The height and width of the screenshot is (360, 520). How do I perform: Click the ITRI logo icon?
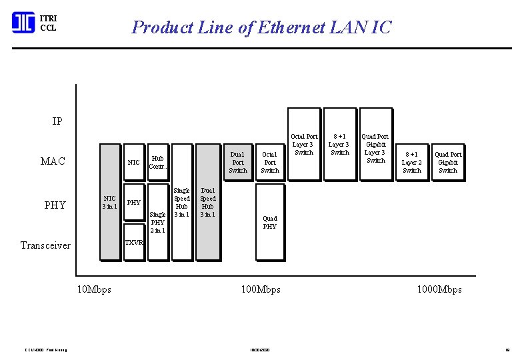[x=23, y=23]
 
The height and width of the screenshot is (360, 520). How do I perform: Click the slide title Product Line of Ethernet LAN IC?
[x=261, y=27]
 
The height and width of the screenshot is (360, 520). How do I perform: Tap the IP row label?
[x=57, y=121]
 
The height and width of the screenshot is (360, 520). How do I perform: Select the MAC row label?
[x=53, y=161]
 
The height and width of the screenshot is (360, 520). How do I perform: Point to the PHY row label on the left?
[x=55, y=205]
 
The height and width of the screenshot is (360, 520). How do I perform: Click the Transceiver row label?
[x=45, y=245]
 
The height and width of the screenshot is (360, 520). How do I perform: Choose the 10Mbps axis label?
[x=94, y=289]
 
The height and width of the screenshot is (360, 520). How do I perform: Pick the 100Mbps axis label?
[x=260, y=289]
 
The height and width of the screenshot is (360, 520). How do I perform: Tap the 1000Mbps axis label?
[x=439, y=289]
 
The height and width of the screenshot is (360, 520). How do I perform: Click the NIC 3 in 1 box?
[x=110, y=202]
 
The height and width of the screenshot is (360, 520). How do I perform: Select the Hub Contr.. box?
[x=157, y=163]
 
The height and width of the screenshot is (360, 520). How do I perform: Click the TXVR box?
[x=134, y=243]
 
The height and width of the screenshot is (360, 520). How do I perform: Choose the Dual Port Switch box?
[x=238, y=163]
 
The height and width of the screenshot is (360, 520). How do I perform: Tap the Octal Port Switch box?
[x=269, y=163]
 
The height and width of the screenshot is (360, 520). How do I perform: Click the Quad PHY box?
[x=269, y=222]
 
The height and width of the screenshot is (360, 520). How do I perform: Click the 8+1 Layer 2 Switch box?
[x=412, y=162]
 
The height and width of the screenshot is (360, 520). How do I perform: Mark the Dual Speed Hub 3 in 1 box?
[x=208, y=202]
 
